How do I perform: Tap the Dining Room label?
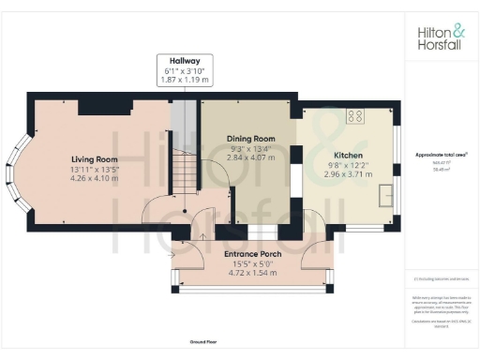pyautogui.click(x=251, y=139)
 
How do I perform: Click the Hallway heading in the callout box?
pyautogui.click(x=185, y=60)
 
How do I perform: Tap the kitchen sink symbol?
pyautogui.click(x=386, y=195)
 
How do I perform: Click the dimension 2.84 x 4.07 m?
pyautogui.click(x=251, y=157)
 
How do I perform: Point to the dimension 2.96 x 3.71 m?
pyautogui.click(x=349, y=174)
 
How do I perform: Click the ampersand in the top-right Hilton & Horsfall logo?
pyautogui.click(x=458, y=30)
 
